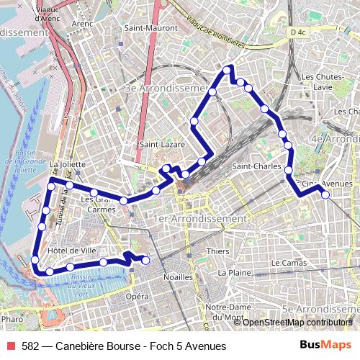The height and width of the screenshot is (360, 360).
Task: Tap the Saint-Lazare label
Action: pos(162,145)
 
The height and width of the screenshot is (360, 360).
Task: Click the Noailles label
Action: pos(179,276)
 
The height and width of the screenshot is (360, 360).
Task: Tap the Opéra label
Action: pos(138,297)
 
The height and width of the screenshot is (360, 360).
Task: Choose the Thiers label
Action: pos(218,251)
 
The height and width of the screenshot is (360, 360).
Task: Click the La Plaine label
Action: pos(234,273)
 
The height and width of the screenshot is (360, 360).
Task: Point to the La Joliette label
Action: pos(68,164)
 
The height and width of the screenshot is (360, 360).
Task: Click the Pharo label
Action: pos(12,318)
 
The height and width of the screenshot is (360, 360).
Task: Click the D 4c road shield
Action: pos(297,32)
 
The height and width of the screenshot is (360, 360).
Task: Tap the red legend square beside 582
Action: pos(10,346)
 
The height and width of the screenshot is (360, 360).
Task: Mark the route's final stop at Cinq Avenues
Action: pos(325,194)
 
